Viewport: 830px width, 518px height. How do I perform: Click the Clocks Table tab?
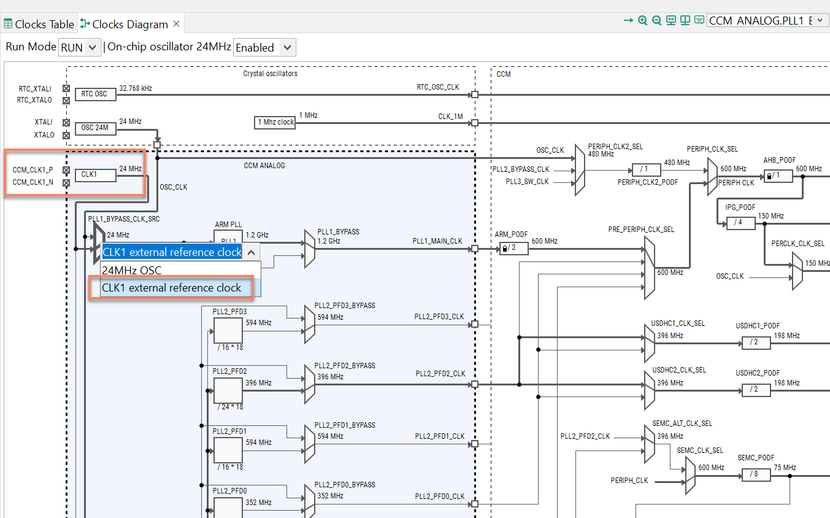[39, 25]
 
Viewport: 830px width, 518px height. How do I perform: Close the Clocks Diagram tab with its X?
[176, 24]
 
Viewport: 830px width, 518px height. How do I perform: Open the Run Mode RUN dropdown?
[79, 47]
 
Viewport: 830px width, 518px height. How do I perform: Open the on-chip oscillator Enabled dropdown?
[264, 47]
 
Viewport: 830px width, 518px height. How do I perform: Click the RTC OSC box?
[94, 94]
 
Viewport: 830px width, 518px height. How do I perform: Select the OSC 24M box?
[94, 128]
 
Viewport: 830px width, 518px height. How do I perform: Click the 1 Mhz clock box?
[275, 122]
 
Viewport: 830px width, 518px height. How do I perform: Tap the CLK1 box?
[94, 174]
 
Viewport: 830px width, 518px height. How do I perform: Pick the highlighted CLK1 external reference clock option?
[171, 287]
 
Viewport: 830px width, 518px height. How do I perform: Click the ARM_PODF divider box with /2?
[513, 249]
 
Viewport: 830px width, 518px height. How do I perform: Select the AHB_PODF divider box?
[777, 176]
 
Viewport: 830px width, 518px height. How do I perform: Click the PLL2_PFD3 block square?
[228, 330]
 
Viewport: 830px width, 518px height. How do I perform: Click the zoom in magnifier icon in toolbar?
[642, 20]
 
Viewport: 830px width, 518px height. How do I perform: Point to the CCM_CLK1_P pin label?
[33, 169]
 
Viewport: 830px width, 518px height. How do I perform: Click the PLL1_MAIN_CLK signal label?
[437, 241]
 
